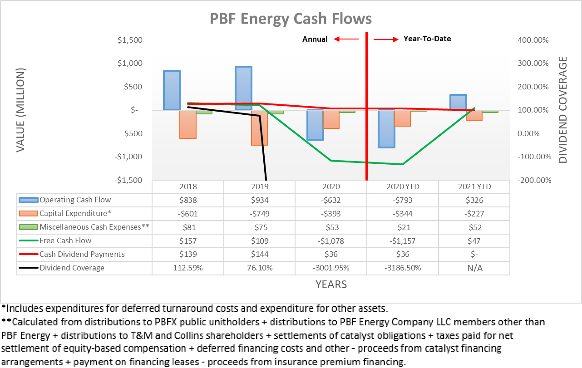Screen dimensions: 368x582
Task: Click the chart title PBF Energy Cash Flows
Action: click(x=291, y=19)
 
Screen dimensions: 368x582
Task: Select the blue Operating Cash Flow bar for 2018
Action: click(x=172, y=90)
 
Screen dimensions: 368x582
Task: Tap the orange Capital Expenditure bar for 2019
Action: click(x=260, y=128)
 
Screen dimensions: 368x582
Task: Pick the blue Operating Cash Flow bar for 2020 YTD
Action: click(x=386, y=129)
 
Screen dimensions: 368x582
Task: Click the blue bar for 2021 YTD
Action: click(x=458, y=102)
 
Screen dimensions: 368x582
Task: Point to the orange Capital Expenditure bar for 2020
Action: click(x=331, y=119)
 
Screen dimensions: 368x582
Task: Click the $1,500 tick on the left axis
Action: click(x=130, y=40)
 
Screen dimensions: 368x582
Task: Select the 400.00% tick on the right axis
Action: click(x=533, y=40)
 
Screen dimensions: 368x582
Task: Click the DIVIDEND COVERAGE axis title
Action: click(x=563, y=110)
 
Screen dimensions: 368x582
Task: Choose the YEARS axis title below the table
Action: click(x=331, y=285)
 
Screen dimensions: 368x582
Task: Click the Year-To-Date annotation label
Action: click(x=427, y=39)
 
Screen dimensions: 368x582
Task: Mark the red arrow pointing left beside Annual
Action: click(x=346, y=39)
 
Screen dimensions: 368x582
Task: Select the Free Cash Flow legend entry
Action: click(x=65, y=240)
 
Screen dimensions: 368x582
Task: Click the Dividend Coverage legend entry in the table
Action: click(x=72, y=268)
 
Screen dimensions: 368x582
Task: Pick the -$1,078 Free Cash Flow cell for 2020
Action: click(x=331, y=240)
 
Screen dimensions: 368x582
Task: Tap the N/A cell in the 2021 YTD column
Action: click(x=474, y=268)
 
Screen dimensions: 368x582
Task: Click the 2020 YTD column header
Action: click(x=403, y=186)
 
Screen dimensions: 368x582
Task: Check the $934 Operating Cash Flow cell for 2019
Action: click(x=260, y=200)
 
